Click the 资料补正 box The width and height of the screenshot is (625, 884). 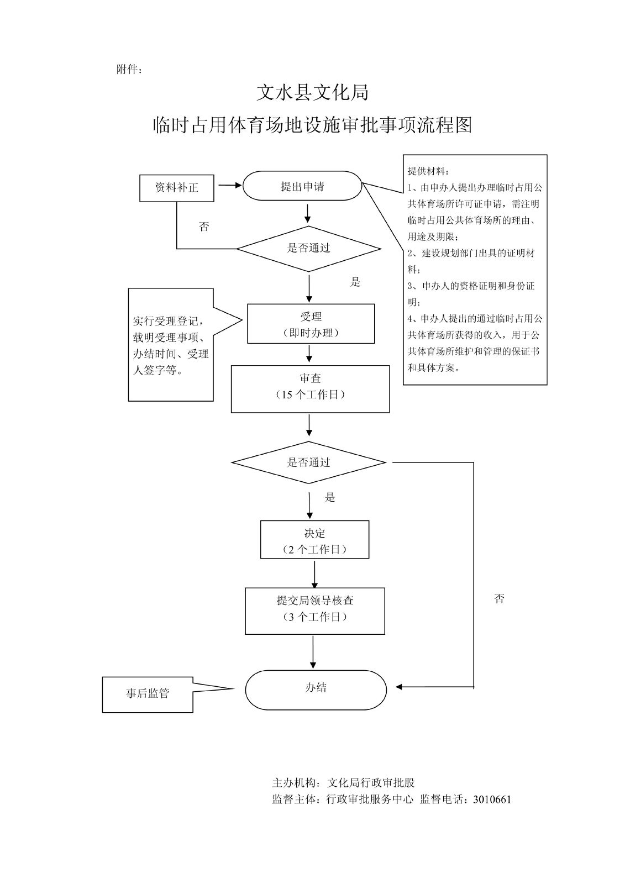coord(176,188)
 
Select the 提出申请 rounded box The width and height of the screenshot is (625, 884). coord(302,186)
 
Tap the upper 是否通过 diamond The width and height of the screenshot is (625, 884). coord(308,249)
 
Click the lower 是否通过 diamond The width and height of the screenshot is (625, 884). coord(308,462)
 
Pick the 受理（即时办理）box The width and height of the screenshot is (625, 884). coord(311,324)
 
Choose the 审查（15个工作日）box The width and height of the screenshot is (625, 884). coord(310,388)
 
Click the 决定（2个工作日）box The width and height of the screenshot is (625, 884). coord(314,540)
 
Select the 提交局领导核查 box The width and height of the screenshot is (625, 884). coord(314,611)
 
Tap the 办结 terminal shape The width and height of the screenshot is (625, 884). coord(316,689)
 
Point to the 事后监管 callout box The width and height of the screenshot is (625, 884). coord(148,694)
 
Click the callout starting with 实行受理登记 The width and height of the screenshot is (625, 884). coord(171,345)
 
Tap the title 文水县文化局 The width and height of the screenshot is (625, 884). coord(312,92)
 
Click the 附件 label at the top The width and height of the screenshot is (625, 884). coord(129,70)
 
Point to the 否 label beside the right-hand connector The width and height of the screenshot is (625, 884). coord(500,599)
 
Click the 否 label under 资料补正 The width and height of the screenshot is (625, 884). coord(204,227)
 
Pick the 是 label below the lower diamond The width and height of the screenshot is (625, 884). coord(330,498)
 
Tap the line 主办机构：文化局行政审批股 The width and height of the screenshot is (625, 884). coord(343,783)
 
